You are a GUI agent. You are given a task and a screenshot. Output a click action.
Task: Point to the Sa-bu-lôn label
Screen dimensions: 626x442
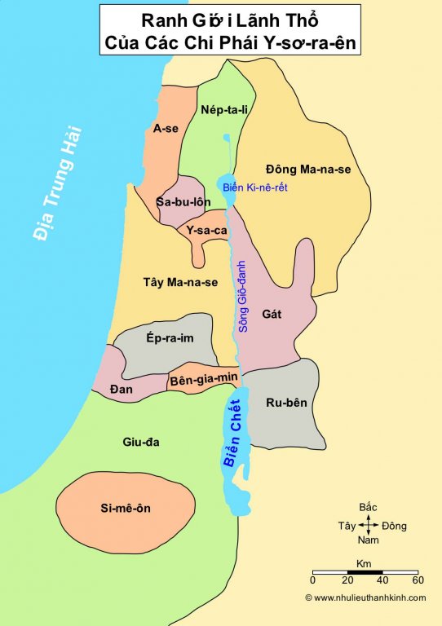(184, 201)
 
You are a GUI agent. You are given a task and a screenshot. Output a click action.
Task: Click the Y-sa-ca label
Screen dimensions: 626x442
(206, 231)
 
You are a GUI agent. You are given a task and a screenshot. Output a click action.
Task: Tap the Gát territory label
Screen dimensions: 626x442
(272, 313)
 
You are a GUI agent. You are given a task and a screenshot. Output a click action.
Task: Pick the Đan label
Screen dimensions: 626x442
(120, 388)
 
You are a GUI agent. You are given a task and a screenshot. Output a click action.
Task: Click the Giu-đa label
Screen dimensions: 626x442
(140, 443)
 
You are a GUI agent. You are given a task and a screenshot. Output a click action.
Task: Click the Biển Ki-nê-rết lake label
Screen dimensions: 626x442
(253, 188)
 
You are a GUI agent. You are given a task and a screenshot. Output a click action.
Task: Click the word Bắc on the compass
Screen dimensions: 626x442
(368, 508)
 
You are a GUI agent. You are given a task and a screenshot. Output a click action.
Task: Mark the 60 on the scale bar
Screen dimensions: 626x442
(418, 580)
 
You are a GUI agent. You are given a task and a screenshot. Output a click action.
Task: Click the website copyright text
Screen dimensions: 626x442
(365, 597)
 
